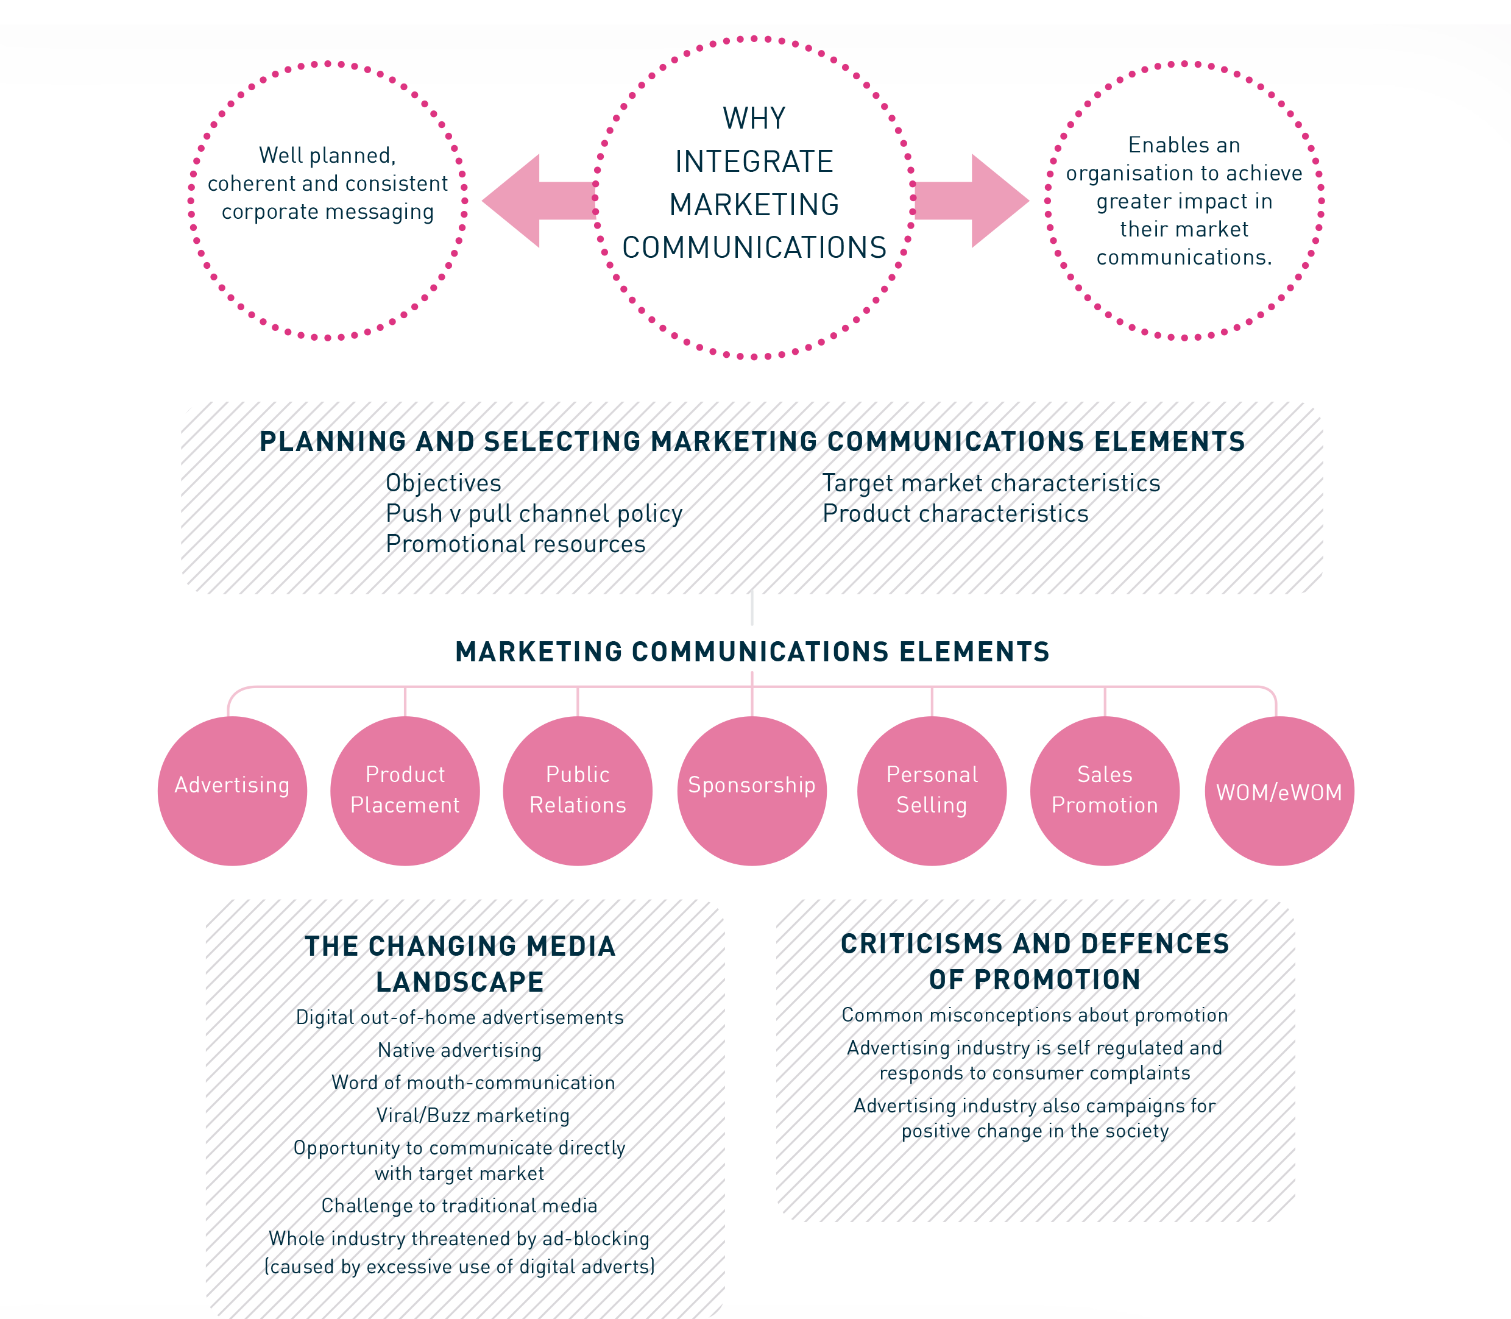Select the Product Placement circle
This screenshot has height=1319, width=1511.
[x=405, y=791]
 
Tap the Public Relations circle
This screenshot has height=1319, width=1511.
[x=578, y=791]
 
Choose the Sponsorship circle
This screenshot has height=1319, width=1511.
[x=751, y=791]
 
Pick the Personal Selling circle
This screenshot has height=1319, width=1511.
[x=932, y=791]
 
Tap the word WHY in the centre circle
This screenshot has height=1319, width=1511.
[x=754, y=118]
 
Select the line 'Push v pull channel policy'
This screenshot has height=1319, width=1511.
[x=534, y=513]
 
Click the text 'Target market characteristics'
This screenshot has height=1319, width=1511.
[x=991, y=483]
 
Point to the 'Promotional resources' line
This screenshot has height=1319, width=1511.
[x=515, y=544]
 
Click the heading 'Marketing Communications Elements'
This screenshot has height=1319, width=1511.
[x=752, y=652]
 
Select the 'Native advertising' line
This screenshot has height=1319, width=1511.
[x=460, y=1050]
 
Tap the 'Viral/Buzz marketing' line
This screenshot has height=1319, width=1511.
[x=473, y=1115]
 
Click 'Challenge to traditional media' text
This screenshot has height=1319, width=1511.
[x=460, y=1205]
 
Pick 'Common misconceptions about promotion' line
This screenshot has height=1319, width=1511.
[x=1035, y=1015]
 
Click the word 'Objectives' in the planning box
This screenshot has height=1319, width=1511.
[x=443, y=483]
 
